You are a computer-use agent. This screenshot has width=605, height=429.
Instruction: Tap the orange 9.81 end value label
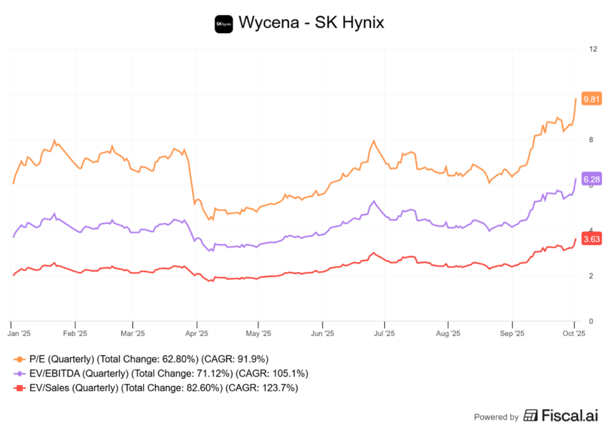click(x=591, y=99)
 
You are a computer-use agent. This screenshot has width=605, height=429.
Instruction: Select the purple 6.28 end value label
click(x=591, y=179)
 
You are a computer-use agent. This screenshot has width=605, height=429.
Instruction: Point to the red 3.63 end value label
click(x=591, y=239)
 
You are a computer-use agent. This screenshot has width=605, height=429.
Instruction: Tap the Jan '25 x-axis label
click(x=19, y=333)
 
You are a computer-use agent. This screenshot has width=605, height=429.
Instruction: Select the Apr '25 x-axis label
click(x=196, y=333)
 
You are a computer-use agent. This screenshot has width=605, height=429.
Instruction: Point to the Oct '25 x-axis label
click(x=573, y=333)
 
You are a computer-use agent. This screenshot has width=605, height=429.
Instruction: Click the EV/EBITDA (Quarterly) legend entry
click(x=79, y=373)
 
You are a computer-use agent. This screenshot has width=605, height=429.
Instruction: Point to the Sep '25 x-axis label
click(x=512, y=333)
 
